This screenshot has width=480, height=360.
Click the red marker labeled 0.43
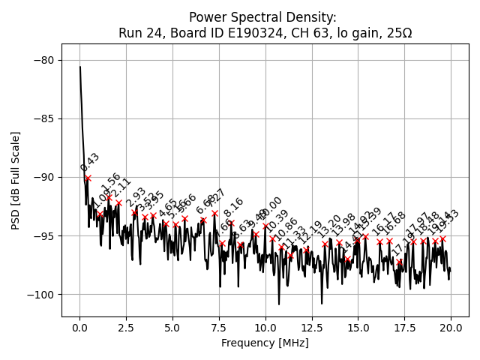[x=88, y=178]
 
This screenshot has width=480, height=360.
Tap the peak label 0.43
[x=90, y=162]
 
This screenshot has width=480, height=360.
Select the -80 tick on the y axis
[x=46, y=60]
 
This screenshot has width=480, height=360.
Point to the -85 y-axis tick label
[x=46, y=118]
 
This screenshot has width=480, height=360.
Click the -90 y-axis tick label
[x=46, y=177]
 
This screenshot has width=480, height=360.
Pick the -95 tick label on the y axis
[x=46, y=236]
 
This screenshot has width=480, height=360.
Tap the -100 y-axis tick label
[x=43, y=295]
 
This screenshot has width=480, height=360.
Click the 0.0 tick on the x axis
[x=79, y=328]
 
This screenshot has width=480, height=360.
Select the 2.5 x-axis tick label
[x=126, y=328]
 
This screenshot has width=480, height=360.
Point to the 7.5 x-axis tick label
[x=219, y=328]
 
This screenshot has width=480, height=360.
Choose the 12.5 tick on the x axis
[x=311, y=328]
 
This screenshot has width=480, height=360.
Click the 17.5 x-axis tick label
[x=404, y=328]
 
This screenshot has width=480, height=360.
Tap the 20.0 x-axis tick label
[x=451, y=328]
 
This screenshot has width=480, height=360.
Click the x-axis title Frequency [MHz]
[x=265, y=343]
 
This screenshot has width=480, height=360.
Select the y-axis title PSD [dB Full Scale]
[x=15, y=180]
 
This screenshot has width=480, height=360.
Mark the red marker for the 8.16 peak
[x=231, y=223]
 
